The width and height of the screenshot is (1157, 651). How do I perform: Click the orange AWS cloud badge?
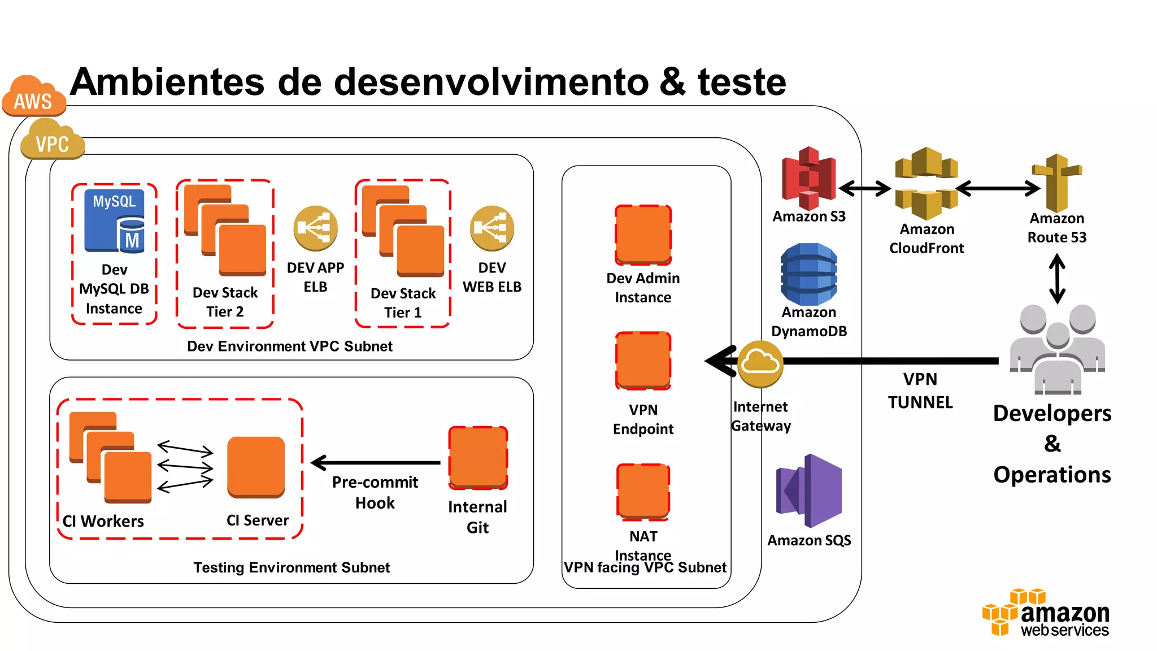[x=33, y=97]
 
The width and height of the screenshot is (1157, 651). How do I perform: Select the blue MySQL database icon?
[x=114, y=220]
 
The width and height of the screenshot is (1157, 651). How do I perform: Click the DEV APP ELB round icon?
[x=315, y=228]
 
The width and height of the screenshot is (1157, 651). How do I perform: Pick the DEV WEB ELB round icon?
[x=491, y=228]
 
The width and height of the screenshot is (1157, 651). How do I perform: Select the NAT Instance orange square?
[x=643, y=491]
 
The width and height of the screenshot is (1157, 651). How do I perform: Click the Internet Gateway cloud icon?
[x=760, y=363]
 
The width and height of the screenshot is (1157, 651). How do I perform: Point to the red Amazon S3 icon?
[x=808, y=178]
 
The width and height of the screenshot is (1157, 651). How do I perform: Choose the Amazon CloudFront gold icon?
[x=926, y=184]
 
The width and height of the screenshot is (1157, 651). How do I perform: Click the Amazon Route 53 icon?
[x=1056, y=182]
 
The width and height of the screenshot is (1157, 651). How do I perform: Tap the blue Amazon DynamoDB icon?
[x=808, y=274]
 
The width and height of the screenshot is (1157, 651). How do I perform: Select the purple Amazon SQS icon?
[x=810, y=491]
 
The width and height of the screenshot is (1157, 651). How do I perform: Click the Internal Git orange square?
[x=478, y=458]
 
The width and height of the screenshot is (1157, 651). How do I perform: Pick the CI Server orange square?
[x=256, y=467]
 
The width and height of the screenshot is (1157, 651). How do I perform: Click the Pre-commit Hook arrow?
[x=375, y=463]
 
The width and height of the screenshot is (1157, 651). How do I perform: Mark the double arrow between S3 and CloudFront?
[x=864, y=188]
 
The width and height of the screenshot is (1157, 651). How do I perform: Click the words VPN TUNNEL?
[x=920, y=390]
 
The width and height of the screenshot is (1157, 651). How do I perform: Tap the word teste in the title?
[x=741, y=83]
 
